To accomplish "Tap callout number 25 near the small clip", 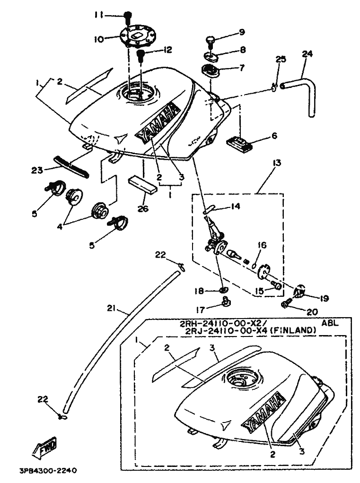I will [x=281, y=60].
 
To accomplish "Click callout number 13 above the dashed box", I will [x=276, y=164].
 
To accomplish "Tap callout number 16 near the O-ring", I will [x=263, y=245].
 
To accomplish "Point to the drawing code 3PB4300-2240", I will [x=47, y=471].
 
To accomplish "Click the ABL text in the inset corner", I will [x=328, y=323].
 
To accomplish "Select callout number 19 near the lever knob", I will [x=323, y=298].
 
